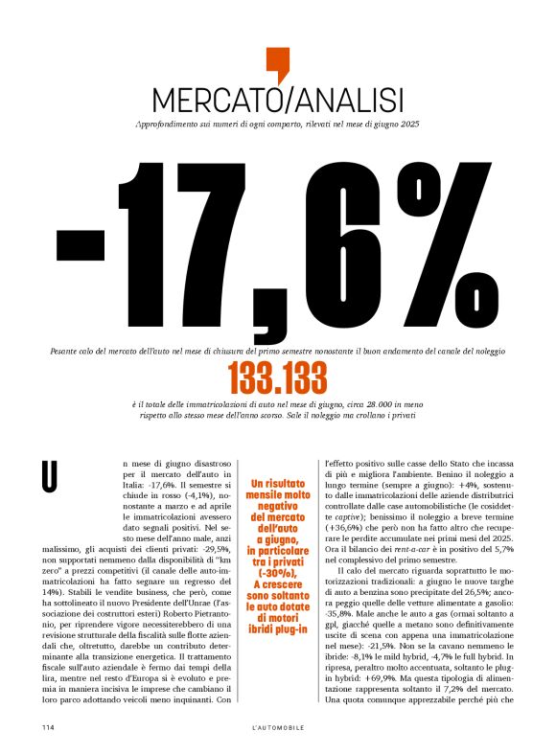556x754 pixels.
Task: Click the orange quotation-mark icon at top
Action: click(277, 64)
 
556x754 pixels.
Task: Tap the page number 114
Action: click(47, 727)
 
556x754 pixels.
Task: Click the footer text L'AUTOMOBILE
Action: click(277, 727)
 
